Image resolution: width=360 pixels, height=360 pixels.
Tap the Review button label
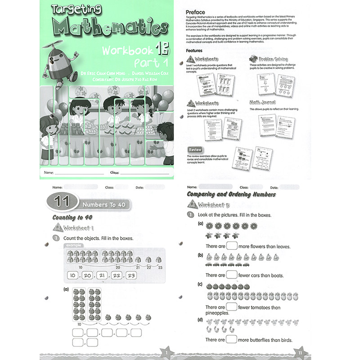(x=196, y=149)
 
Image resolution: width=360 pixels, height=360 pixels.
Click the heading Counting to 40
(x=73, y=217)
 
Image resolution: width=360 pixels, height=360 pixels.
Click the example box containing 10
(x=73, y=275)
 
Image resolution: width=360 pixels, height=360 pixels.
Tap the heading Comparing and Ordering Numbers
(x=231, y=194)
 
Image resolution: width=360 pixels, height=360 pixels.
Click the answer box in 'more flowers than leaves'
(x=232, y=246)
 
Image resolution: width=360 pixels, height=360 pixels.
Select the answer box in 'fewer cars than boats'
(x=232, y=274)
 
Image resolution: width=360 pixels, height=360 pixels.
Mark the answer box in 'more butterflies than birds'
(x=232, y=339)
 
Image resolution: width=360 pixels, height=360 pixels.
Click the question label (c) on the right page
(x=199, y=284)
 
